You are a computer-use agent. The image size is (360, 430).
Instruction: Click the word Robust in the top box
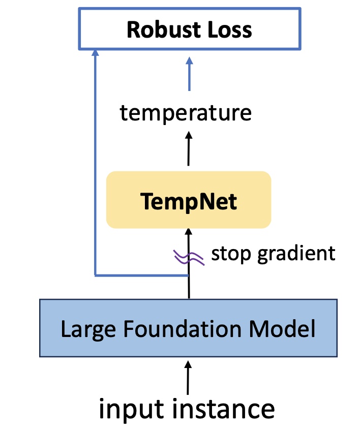[164, 29]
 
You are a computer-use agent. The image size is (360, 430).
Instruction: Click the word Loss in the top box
[230, 29]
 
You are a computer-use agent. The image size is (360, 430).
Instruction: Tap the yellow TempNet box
[189, 200]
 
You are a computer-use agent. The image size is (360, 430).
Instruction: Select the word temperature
[186, 113]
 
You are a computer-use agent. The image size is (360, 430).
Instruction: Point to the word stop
[231, 254]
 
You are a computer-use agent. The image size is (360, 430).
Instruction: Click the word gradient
[296, 254]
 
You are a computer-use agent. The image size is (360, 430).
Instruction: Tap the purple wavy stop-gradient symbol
[189, 258]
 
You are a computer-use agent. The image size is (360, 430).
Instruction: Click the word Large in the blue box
[88, 329]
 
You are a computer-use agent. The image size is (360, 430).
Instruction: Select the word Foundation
[182, 328]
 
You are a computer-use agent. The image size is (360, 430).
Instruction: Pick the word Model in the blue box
[282, 328]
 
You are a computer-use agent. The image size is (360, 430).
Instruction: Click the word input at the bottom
[131, 410]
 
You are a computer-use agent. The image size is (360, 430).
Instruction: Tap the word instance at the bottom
[223, 409]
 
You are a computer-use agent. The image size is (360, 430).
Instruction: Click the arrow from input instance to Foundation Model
[188, 378]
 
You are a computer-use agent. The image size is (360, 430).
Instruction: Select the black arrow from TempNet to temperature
[189, 148]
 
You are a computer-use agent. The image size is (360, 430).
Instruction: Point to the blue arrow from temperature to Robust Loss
[189, 74]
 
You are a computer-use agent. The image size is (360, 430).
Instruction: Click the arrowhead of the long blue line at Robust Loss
[95, 52]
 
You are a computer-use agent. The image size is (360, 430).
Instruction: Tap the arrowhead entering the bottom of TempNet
[189, 232]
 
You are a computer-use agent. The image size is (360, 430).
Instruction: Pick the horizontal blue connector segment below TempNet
[141, 275]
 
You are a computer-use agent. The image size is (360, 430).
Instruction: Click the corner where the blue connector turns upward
[95, 275]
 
